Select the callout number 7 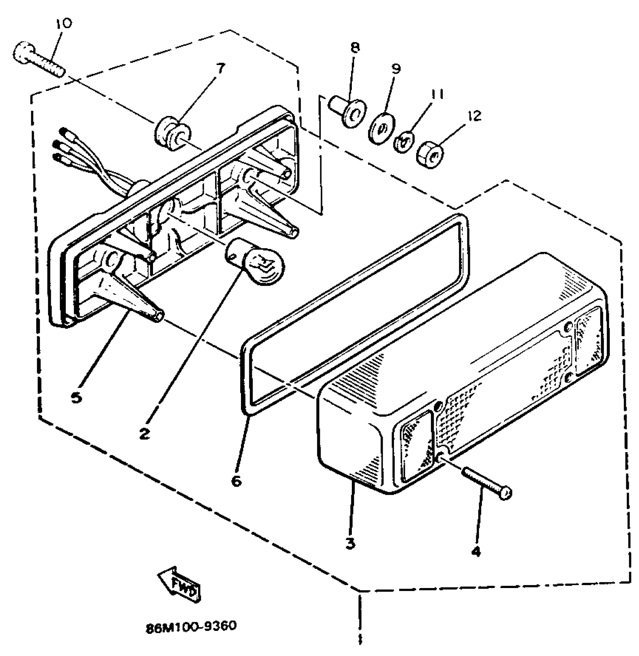click(x=221, y=68)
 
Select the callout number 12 click(x=475, y=116)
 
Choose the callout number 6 click(x=236, y=481)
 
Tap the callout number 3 click(x=350, y=543)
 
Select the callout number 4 click(x=476, y=551)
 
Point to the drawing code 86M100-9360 click(x=191, y=626)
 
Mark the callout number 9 click(x=396, y=68)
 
